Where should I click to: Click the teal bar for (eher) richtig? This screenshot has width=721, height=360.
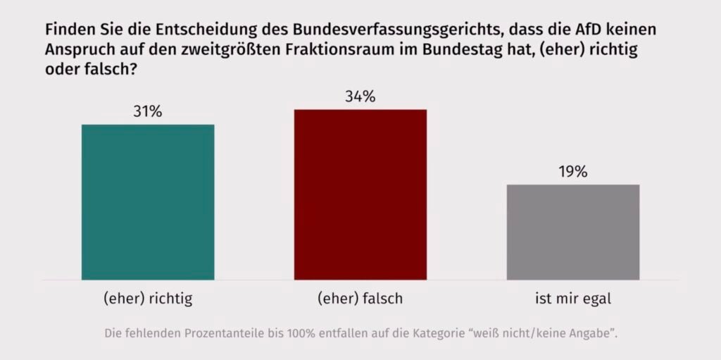[148, 202]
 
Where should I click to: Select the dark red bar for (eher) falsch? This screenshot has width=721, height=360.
[360, 194]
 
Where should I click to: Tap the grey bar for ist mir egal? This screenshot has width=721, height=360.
[572, 232]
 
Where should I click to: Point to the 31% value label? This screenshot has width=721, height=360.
[148, 112]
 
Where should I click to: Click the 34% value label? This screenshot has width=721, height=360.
[360, 97]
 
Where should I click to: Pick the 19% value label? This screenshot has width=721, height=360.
[572, 172]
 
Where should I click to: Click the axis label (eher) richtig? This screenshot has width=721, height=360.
[148, 298]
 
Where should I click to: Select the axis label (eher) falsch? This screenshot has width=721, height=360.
[360, 298]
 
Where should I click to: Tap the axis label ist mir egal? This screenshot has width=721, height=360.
[572, 298]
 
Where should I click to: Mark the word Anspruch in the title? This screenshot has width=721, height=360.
[77, 51]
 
